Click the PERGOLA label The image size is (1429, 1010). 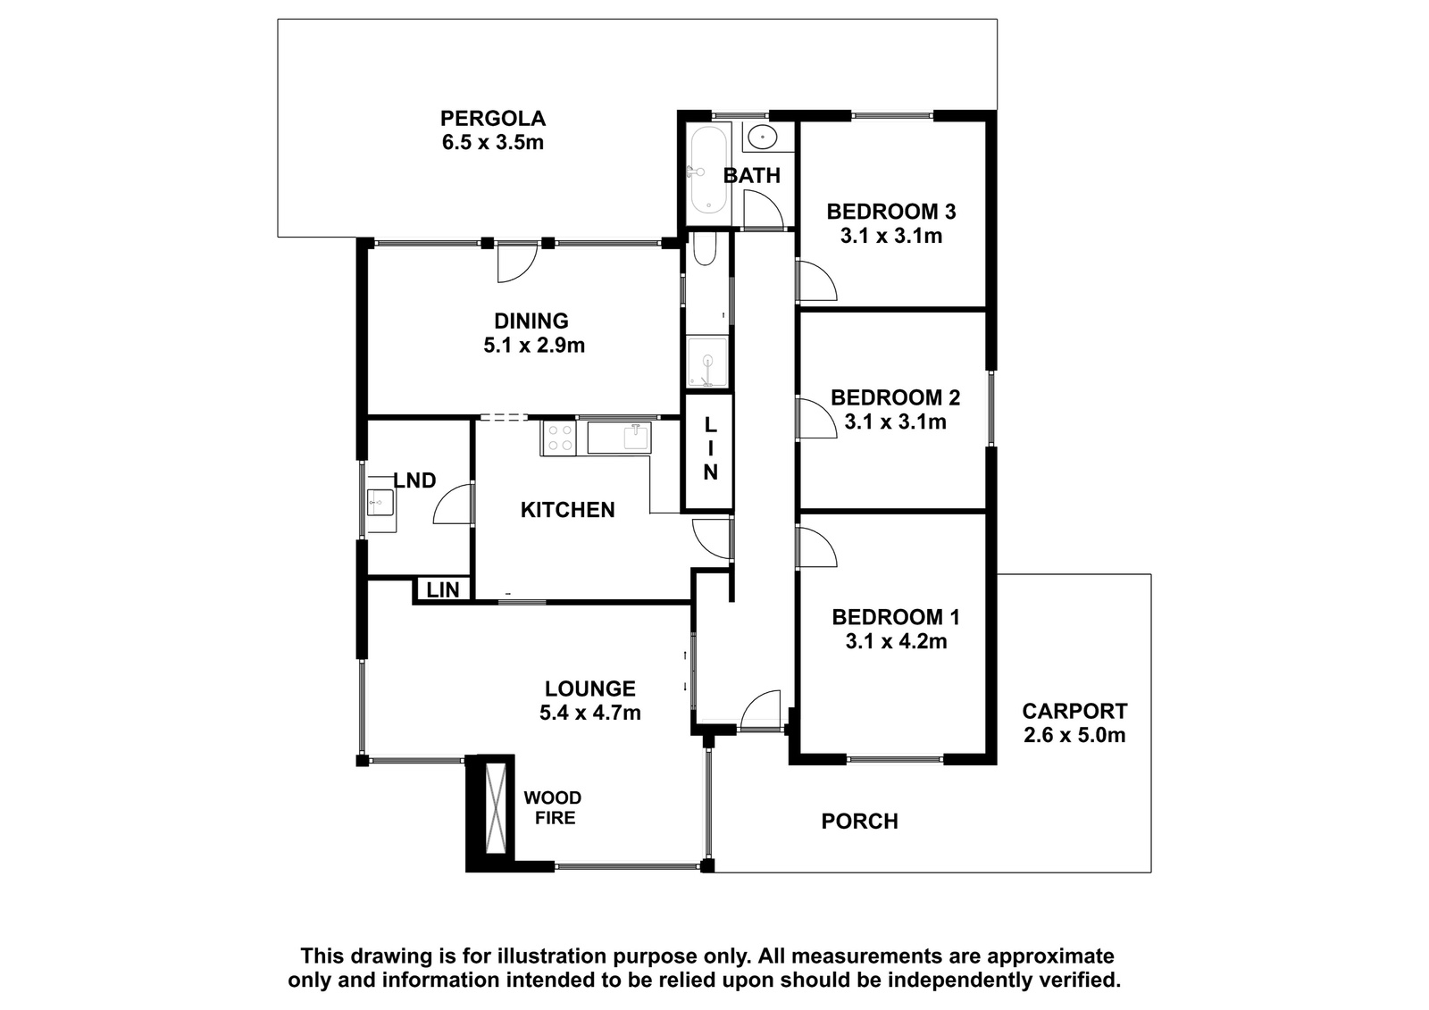(492, 119)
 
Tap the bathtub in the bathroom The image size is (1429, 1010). (707, 171)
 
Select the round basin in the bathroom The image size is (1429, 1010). (761, 137)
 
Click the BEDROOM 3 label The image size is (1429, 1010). (891, 211)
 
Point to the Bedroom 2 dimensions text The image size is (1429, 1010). (895, 422)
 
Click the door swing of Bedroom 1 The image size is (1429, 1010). (816, 547)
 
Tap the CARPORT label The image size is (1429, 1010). (1074, 711)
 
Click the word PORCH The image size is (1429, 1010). (859, 822)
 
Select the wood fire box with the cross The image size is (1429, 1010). (496, 807)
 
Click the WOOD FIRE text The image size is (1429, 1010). (553, 808)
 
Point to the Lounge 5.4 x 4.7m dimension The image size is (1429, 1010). (590, 713)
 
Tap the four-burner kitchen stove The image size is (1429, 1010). (559, 438)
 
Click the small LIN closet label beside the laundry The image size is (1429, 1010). (443, 590)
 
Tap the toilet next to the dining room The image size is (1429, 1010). (705, 249)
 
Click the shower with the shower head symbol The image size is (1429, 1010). (706, 362)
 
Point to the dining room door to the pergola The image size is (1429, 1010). (518, 263)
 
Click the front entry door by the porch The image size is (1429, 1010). (760, 709)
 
